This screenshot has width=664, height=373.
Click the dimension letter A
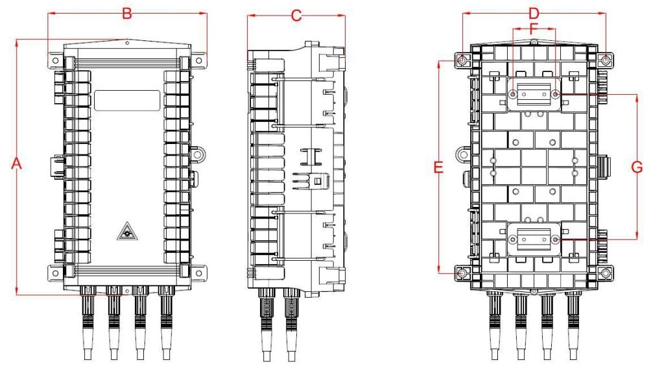[18, 165]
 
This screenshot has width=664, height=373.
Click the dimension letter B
[127, 13]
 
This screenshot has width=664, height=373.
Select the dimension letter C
[296, 16]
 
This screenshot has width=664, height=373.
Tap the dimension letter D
[534, 13]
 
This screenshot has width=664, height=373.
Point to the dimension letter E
[439, 168]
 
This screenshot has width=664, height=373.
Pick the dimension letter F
[534, 29]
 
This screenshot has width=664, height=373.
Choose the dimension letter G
[637, 167]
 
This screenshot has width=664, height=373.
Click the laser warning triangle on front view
[127, 230]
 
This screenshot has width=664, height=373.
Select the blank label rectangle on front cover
[127, 101]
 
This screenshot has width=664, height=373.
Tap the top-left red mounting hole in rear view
[462, 60]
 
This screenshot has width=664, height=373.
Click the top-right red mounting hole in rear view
[606, 60]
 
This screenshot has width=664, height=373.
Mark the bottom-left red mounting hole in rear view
[462, 273]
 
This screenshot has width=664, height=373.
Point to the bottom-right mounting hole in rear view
[606, 273]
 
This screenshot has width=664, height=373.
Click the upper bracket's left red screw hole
[513, 94]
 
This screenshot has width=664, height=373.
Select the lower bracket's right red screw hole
[555, 239]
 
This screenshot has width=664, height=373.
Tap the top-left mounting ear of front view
[55, 61]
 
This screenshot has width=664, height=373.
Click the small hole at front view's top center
[127, 43]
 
